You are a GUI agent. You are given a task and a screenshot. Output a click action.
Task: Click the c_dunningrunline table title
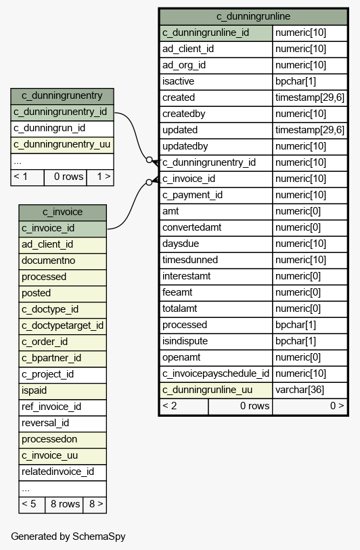(253, 16)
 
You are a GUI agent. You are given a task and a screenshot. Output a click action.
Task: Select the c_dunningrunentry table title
(62, 96)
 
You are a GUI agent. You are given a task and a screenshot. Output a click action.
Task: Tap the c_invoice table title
(62, 212)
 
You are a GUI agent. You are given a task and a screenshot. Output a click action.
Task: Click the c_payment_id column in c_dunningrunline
(192, 195)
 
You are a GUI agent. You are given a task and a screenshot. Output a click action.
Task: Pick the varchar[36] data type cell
(300, 390)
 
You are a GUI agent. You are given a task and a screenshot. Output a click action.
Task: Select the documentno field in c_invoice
(49, 260)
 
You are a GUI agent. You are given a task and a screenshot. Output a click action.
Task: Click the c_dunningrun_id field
(49, 128)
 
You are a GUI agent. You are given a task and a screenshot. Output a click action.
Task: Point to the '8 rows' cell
(65, 504)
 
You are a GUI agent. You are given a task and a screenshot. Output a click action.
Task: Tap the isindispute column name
(185, 341)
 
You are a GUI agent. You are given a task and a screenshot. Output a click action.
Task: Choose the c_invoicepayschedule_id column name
(216, 373)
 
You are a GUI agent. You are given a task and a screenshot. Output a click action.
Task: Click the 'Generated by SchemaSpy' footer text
(68, 536)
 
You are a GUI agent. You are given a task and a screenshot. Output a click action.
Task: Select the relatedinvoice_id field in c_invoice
(58, 472)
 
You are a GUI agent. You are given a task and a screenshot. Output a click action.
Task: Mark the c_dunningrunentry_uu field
(62, 145)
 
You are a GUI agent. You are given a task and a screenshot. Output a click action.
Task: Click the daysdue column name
(181, 244)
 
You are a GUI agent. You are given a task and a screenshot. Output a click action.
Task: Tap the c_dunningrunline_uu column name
(207, 390)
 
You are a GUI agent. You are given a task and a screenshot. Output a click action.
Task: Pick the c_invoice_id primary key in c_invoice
(48, 229)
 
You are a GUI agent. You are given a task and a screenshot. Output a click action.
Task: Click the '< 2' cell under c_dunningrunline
(169, 406)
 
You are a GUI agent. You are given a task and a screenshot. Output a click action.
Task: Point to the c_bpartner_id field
(51, 358)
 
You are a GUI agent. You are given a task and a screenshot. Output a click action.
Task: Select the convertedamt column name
(192, 228)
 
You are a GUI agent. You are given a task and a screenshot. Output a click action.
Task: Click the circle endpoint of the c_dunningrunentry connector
(149, 160)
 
